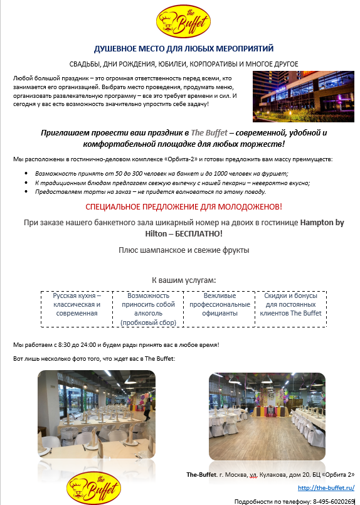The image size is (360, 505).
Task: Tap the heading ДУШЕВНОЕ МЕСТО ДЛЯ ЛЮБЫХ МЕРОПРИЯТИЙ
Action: pyautogui.click(x=184, y=49)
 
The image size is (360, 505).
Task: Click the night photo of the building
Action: pyautogui.click(x=299, y=97)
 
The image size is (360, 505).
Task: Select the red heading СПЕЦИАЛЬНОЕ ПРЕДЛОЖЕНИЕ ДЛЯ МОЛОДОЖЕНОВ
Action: pyautogui.click(x=184, y=206)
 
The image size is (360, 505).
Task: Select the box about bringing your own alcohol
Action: pyautogui.click(x=148, y=309)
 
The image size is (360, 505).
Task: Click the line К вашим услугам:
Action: pyautogui.click(x=184, y=280)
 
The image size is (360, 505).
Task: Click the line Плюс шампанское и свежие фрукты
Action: pyautogui.click(x=184, y=250)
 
